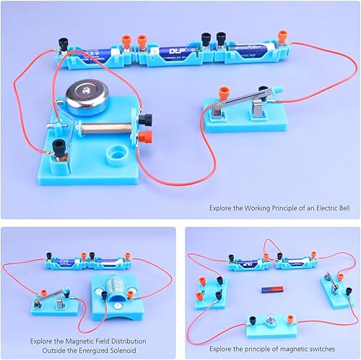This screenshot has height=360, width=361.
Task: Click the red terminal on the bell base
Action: point(149,137)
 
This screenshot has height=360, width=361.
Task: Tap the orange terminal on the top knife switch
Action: point(217,94)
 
